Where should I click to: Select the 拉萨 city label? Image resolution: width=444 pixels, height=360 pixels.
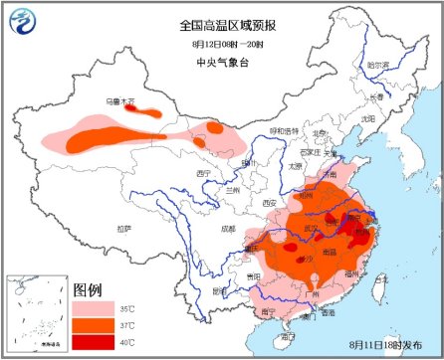(123, 228)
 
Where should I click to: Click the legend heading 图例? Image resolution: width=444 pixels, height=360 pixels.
(88, 288)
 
